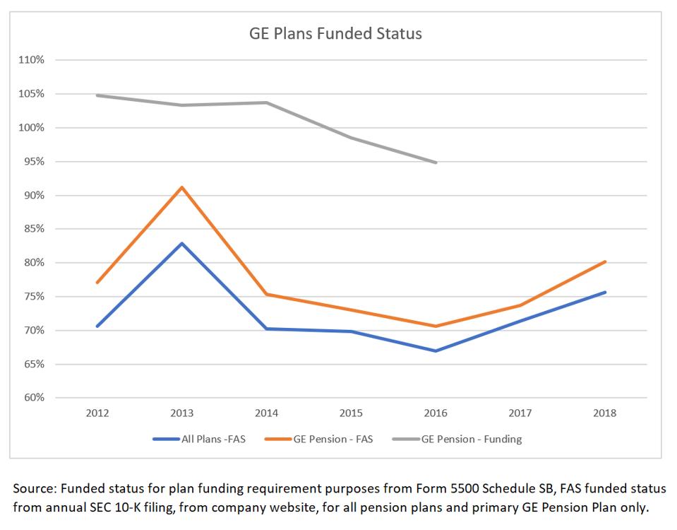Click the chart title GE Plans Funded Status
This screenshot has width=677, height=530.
click(335, 33)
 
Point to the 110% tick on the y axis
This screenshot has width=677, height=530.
click(31, 60)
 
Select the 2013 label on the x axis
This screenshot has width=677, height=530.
click(181, 413)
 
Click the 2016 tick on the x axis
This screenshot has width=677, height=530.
click(436, 413)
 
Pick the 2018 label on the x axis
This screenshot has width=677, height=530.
click(605, 413)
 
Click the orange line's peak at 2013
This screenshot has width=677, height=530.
click(182, 187)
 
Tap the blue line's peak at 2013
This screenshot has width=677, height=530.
click(182, 243)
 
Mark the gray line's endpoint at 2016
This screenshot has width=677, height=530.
click(436, 163)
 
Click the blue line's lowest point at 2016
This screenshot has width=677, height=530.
click(436, 351)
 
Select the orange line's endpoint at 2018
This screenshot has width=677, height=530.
click(605, 261)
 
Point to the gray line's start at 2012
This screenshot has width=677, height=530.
click(97, 95)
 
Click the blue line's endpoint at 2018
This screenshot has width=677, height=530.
click(605, 292)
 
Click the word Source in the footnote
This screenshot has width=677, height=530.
click(33, 488)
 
